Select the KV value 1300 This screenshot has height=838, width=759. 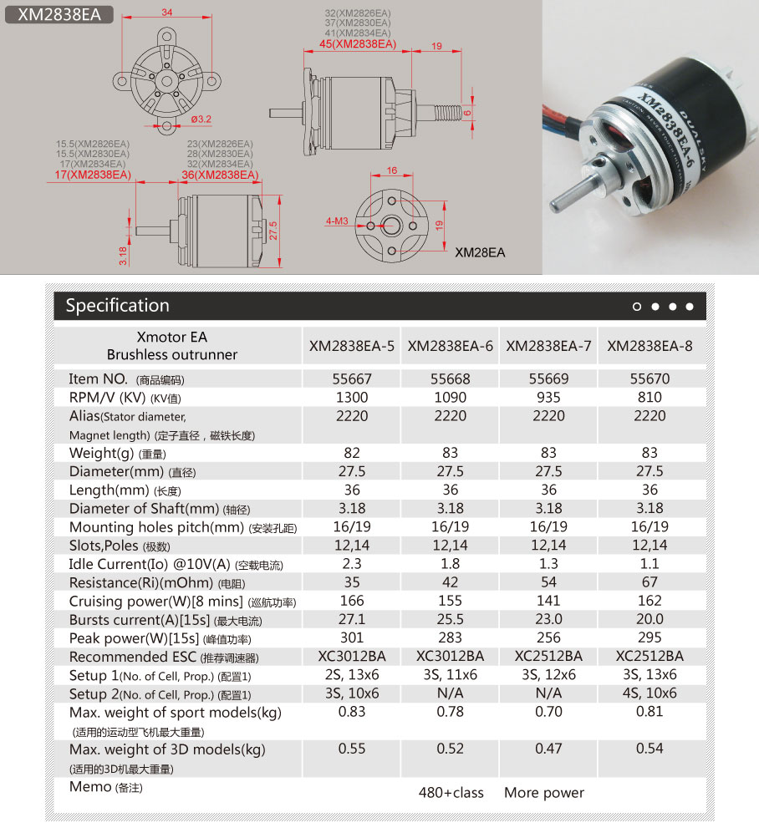352,398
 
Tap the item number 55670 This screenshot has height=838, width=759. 649,379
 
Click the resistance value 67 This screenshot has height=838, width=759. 649,582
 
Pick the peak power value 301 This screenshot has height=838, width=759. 352,637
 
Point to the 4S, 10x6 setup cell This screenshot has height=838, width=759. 649,693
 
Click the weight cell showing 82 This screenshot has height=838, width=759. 352,453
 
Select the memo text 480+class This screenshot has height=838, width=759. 451,793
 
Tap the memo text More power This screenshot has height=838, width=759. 544,793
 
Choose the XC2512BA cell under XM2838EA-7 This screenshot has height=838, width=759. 548,656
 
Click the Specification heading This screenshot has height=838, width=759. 117,306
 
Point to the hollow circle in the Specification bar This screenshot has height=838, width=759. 637,307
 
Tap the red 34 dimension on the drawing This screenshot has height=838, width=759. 167,13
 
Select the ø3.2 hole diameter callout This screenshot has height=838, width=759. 201,119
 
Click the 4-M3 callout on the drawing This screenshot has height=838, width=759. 337,221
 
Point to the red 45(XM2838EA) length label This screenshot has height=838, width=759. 358,44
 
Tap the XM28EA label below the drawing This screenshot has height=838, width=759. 480,251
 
